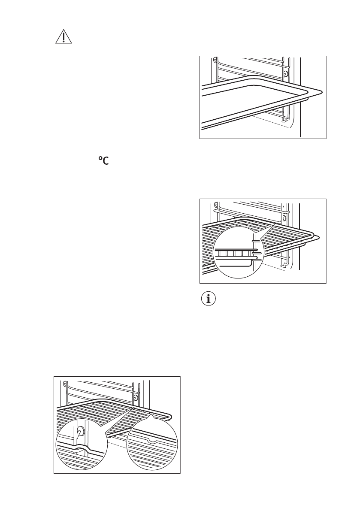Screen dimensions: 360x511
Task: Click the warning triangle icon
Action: pyautogui.click(x=64, y=38)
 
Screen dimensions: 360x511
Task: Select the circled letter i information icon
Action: pyautogui.click(x=209, y=299)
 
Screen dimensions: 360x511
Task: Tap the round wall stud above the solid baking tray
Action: pyautogui.click(x=285, y=73)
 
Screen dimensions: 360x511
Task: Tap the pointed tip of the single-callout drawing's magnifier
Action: pyautogui.click(x=274, y=225)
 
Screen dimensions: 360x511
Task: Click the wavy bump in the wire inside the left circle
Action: pyautogui.click(x=82, y=449)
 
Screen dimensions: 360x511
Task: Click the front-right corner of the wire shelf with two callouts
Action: pyautogui.click(x=170, y=417)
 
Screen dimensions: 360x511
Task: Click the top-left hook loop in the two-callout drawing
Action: pyautogui.click(x=64, y=384)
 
